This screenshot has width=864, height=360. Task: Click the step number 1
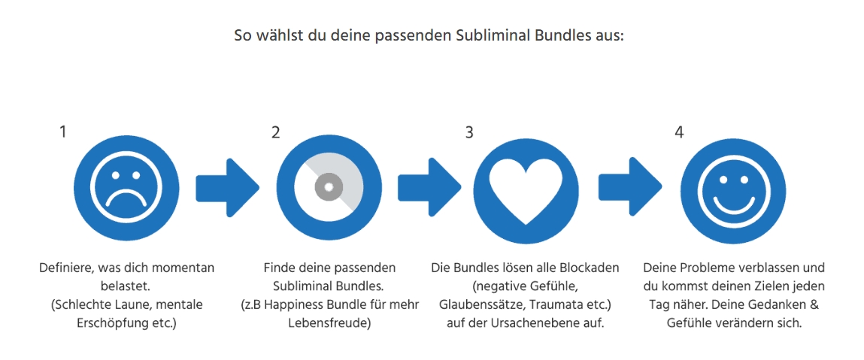[x=63, y=132]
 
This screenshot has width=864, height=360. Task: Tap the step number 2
[x=275, y=132]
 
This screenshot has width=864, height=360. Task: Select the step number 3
[x=469, y=132]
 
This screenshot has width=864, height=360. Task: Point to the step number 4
[x=680, y=132]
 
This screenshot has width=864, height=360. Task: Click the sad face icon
[x=126, y=188]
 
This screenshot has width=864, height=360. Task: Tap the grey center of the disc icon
[x=329, y=187]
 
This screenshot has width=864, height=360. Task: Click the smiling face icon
[x=734, y=188]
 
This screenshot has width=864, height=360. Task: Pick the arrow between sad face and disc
[x=228, y=188]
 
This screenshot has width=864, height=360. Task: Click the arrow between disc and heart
[x=430, y=188]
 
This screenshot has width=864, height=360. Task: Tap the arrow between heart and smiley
[x=631, y=188]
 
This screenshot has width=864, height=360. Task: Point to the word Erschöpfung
[x=113, y=322]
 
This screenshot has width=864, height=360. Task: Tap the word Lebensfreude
[x=329, y=322]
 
